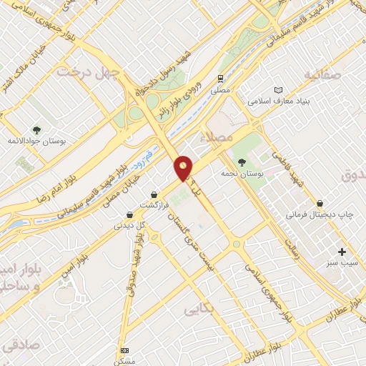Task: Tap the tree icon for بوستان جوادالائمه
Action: (x=36, y=129)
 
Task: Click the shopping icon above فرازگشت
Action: (x=154, y=194)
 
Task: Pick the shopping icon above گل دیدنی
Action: (x=129, y=214)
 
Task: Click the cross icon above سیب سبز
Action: (x=342, y=252)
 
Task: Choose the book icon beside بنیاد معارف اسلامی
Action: (x=278, y=90)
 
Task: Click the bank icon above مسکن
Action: (x=125, y=350)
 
